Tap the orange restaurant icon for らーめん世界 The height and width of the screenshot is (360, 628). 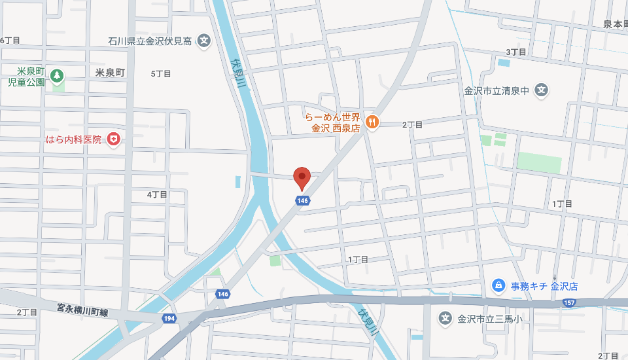tap(372, 121)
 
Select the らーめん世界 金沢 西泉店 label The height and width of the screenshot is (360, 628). tap(332, 122)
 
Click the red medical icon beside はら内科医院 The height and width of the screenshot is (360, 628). tap(114, 139)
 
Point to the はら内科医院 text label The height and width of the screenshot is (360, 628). tap(73, 139)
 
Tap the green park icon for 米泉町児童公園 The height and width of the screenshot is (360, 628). tap(57, 77)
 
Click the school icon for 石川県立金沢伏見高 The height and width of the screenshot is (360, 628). tap(204, 41)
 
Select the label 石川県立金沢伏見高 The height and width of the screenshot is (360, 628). tap(150, 41)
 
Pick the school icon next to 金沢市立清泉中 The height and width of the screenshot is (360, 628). tap(541, 90)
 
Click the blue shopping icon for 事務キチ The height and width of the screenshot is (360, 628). tap(498, 285)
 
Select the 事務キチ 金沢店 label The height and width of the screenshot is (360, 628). tap(544, 286)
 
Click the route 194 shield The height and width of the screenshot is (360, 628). tap(169, 317)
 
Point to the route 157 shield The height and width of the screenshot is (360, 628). tap(569, 303)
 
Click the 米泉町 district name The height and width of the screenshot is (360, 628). tap(109, 73)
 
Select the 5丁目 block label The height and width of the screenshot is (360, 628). tap(161, 73)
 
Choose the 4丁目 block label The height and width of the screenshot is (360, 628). tap(157, 194)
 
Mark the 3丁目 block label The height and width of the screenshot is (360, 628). tap(516, 52)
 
